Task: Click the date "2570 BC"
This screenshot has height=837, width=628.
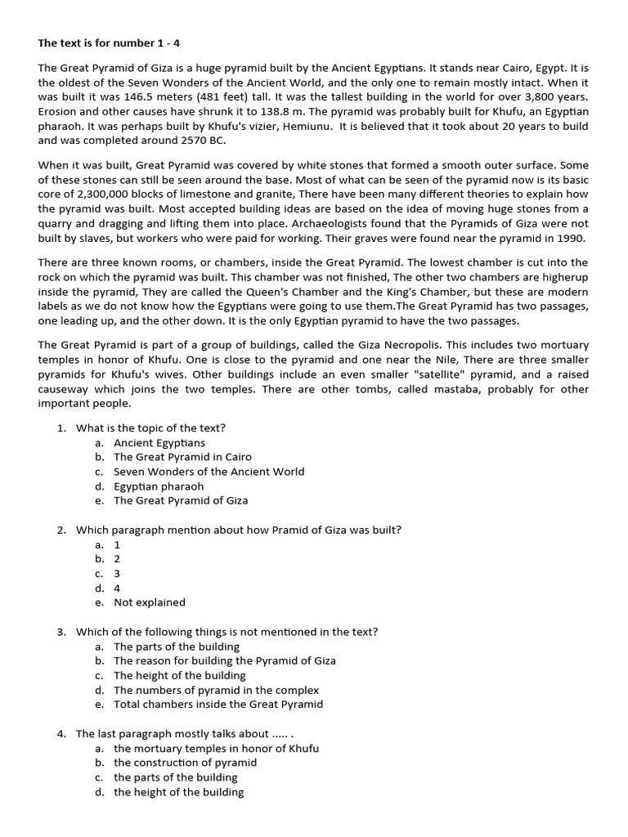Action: tap(203, 141)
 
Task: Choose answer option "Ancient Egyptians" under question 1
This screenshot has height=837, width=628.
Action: tap(159, 442)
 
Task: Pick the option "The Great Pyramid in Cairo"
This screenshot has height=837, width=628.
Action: tap(182, 457)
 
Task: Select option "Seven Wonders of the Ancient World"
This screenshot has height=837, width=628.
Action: tap(209, 472)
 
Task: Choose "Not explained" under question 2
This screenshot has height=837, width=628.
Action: tap(150, 602)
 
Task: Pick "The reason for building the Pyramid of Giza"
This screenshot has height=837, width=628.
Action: tap(225, 660)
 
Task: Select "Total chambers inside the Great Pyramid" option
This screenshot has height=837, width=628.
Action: tap(218, 705)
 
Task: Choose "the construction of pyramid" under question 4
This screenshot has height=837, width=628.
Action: tap(186, 763)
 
